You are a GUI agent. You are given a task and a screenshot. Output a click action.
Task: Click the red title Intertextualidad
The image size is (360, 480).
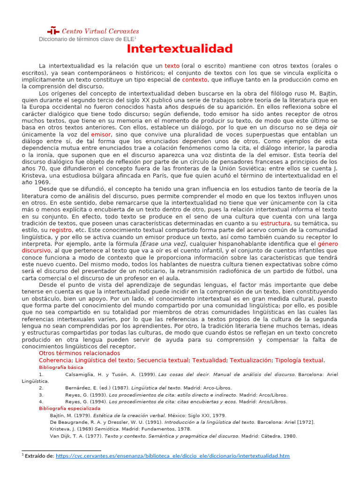(180, 49)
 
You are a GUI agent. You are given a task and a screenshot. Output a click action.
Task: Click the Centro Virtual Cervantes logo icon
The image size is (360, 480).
(54, 31)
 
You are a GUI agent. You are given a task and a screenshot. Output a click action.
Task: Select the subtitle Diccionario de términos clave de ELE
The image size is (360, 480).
(87, 39)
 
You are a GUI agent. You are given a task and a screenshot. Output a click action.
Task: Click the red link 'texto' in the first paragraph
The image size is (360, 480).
(172, 66)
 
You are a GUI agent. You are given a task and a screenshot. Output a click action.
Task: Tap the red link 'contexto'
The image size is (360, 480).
(195, 80)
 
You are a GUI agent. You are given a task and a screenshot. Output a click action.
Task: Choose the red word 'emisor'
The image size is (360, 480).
(101, 135)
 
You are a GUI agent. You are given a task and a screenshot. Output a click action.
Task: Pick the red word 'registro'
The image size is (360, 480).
(60, 230)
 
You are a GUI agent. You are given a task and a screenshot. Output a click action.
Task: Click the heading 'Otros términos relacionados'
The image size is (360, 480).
(79, 353)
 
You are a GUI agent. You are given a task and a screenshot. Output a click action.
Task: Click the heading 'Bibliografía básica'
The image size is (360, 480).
(61, 367)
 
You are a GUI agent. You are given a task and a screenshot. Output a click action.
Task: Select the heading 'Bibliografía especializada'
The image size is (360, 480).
(69, 408)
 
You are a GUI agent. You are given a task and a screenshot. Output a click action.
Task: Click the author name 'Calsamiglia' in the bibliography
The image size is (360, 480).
(80, 375)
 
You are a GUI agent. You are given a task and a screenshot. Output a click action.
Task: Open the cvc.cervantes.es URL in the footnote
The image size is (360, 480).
(172, 456)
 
